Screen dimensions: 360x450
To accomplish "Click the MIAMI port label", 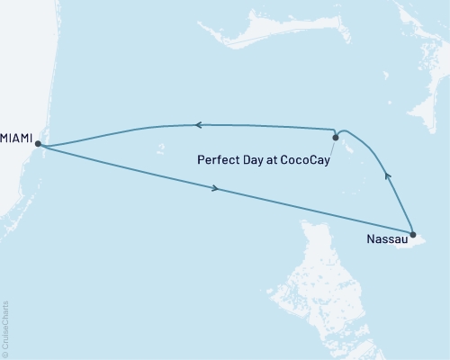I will (x=18, y=137).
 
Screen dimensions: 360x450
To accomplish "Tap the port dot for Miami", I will (x=38, y=144).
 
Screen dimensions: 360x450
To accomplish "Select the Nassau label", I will (x=387, y=239).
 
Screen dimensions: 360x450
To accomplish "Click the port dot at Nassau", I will (x=412, y=235).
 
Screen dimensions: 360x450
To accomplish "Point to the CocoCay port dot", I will (x=335, y=138).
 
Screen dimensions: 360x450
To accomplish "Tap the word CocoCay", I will (x=301, y=160).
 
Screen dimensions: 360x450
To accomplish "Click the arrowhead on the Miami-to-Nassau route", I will (x=216, y=188).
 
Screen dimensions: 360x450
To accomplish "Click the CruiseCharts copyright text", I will (x=6, y=328).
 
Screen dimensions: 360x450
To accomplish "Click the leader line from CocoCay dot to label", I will (x=332, y=148).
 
